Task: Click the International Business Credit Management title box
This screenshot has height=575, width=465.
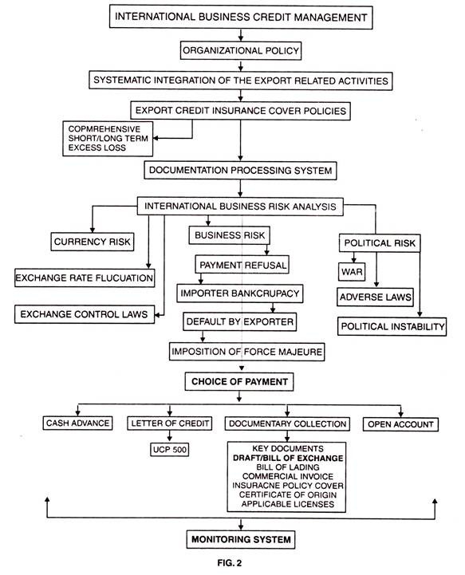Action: point(241,17)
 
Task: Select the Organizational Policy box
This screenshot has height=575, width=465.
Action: point(241,50)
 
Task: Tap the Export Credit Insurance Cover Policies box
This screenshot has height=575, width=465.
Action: point(241,111)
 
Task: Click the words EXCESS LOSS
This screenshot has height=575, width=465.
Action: point(97,148)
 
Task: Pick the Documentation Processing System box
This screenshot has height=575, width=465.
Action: point(240,171)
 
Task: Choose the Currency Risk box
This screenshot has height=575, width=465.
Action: point(92,242)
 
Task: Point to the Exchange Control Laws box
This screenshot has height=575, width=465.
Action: point(85,314)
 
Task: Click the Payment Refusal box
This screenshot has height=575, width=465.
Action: point(242,265)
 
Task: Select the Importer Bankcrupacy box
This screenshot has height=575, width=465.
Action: point(240,293)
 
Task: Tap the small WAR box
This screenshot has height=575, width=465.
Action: point(352,272)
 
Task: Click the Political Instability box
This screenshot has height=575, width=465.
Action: point(392,326)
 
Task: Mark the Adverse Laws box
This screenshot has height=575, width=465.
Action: point(375,297)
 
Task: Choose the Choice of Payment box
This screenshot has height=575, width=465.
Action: point(239,382)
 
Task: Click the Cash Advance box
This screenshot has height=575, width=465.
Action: point(77,423)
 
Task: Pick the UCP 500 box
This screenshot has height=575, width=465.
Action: point(169,450)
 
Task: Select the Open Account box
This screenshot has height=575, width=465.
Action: point(400,424)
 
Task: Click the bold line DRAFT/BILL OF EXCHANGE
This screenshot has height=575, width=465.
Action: point(288,458)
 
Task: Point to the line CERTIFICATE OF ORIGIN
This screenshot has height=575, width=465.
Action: point(288,494)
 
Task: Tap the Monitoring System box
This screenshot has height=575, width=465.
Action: point(241,539)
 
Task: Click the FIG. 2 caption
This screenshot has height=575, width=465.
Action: point(230,563)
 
